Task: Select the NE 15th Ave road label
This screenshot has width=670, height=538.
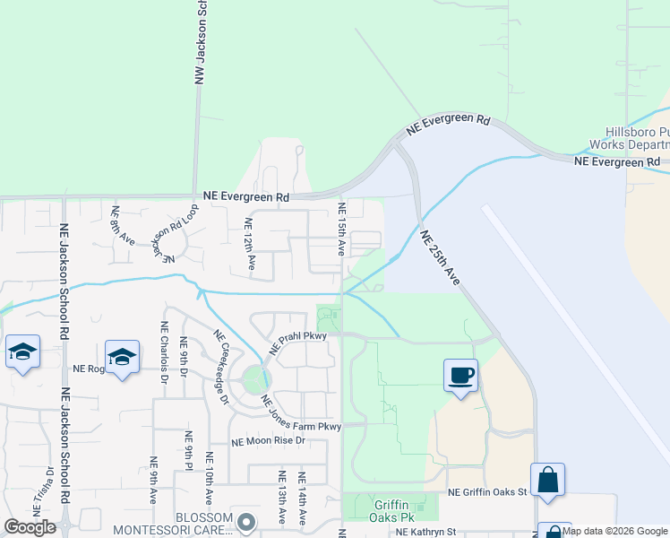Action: [x=341, y=228]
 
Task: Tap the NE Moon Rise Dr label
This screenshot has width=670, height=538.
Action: [x=269, y=441]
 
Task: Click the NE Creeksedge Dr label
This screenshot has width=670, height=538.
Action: [x=221, y=367]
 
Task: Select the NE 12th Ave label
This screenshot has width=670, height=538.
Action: [x=251, y=244]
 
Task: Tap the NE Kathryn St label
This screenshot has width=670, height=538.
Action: [x=426, y=533]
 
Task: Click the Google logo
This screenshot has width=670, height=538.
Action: [x=30, y=527]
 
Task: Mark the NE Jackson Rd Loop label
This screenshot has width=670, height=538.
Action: [x=174, y=232]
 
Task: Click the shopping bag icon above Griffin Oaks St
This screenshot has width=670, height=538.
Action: [x=547, y=480]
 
